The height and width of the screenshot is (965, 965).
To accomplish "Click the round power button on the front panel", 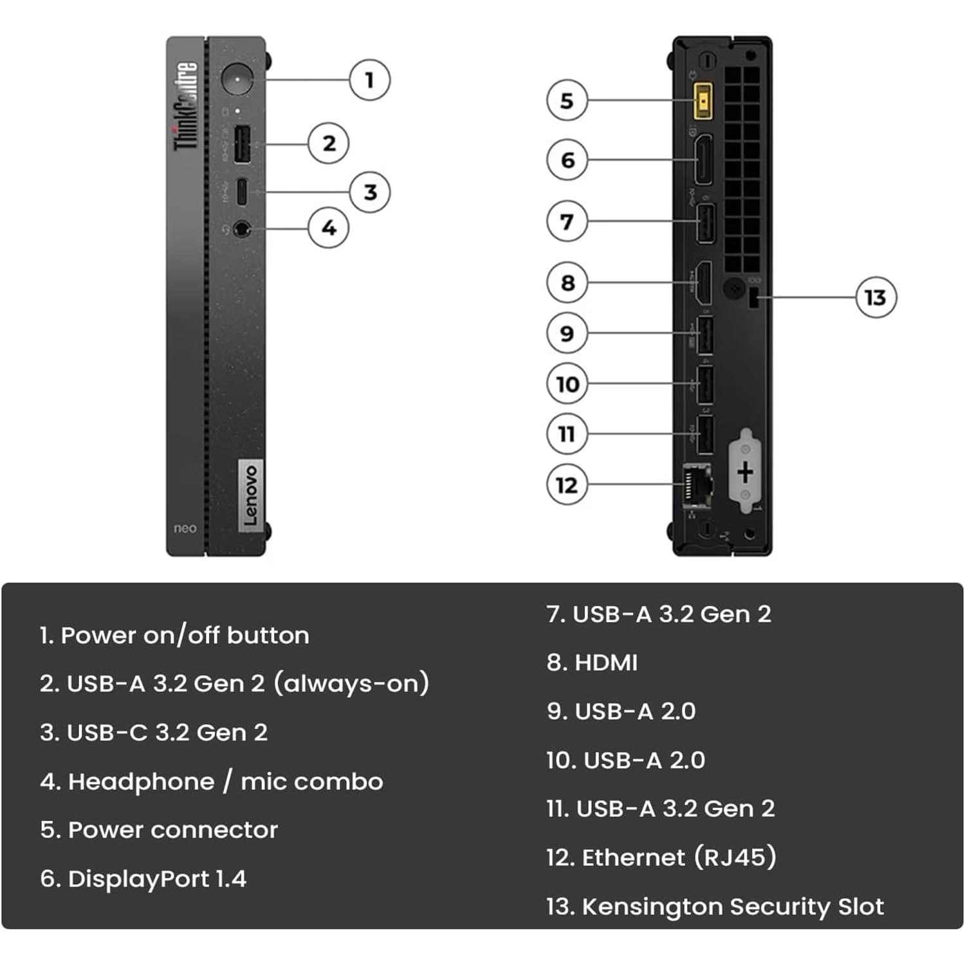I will point(237,79).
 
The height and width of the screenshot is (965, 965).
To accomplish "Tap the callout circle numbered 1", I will point(369,80).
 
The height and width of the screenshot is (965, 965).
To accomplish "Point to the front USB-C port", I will point(242,191).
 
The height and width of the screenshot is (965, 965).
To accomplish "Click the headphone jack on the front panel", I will point(241,228).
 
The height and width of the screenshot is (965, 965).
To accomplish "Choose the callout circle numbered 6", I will point(567,160).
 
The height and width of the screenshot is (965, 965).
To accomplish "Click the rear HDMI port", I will point(704,282).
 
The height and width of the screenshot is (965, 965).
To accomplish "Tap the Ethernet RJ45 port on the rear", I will point(697,484).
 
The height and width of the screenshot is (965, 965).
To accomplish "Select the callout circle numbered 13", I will point(876,297).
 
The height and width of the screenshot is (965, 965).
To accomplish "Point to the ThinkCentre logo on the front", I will point(185,106).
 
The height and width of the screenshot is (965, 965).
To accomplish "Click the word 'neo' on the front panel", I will point(185,529).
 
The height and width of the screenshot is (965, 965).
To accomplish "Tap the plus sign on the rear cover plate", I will point(745,472).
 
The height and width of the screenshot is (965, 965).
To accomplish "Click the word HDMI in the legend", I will point(605,663).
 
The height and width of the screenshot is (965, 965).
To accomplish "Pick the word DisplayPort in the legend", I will point(138,879).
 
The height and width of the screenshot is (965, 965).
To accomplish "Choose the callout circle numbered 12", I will point(567,484).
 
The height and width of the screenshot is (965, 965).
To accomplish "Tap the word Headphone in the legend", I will point(141,782).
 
